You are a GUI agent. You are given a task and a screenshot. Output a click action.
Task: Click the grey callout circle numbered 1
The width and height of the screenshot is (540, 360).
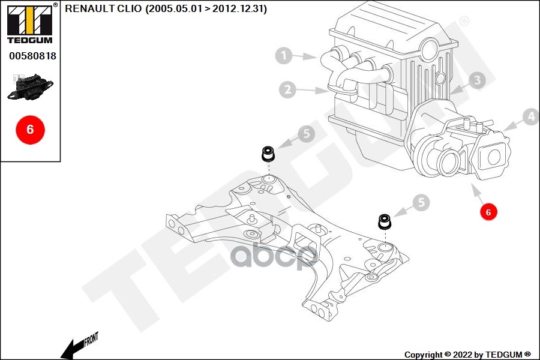pyautogui.click(x=284, y=56)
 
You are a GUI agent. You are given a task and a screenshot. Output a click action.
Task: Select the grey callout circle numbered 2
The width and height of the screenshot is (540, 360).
pyautogui.click(x=288, y=90)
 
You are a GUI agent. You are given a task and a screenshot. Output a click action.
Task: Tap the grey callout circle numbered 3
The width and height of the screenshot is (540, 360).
pyautogui.click(x=476, y=80)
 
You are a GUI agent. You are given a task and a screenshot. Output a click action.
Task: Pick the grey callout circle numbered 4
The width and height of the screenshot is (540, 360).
pyautogui.click(x=530, y=116)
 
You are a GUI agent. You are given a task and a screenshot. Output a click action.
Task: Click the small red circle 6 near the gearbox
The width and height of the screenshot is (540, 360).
pyautogui.click(x=488, y=212)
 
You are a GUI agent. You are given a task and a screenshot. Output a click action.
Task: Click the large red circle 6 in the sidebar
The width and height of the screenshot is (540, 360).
pyautogui.click(x=30, y=129)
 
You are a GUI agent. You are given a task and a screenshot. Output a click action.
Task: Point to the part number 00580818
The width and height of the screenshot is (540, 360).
pyautogui.click(x=32, y=56)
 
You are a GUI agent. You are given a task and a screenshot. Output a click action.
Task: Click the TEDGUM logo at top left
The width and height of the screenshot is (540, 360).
pyautogui.click(x=29, y=23)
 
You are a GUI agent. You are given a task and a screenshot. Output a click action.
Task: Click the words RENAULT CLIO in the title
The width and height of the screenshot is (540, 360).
pyautogui.click(x=103, y=8)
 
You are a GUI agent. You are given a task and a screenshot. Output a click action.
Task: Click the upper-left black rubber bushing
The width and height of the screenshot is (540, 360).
pyautogui.click(x=268, y=154)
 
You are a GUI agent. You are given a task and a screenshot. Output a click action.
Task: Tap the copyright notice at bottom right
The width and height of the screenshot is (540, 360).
pyautogui.click(x=467, y=355)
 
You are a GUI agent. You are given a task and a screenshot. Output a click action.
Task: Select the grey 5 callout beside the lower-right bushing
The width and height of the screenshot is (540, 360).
pyautogui.click(x=422, y=203)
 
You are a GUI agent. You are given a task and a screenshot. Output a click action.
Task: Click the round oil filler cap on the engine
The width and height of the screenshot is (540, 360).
pyautogui.click(x=430, y=46)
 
